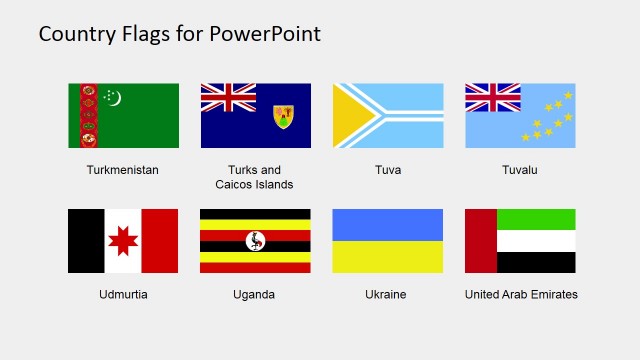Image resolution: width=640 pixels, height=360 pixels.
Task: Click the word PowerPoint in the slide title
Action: click(x=266, y=33)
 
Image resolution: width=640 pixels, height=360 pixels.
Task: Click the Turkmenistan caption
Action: click(x=123, y=170)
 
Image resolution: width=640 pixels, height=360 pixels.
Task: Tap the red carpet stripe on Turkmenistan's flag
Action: click(x=88, y=115)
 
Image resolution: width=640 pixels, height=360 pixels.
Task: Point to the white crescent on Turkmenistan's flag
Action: click(x=113, y=97)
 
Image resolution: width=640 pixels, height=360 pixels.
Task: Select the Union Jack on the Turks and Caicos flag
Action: click(x=228, y=98)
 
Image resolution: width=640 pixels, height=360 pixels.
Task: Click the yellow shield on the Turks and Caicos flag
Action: click(x=283, y=117)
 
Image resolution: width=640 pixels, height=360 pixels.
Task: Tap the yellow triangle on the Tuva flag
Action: click(x=349, y=115)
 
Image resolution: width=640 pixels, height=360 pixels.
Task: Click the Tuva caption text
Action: click(x=387, y=170)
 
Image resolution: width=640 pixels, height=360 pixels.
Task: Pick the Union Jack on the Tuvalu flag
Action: click(x=492, y=98)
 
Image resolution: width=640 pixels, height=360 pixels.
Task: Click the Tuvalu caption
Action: click(x=520, y=170)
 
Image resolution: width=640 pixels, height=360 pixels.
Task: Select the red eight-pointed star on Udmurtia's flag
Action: click(x=123, y=241)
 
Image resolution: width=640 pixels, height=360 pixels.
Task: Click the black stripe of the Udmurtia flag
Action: click(x=85, y=241)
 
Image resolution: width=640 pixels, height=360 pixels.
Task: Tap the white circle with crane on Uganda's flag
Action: click(x=255, y=241)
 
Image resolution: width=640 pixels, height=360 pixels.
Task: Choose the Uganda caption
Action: click(x=254, y=295)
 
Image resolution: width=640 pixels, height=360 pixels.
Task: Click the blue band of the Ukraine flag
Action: click(x=387, y=224)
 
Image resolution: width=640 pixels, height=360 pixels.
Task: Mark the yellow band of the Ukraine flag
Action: click(x=387, y=257)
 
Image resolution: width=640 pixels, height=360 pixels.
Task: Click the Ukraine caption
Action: click(x=387, y=295)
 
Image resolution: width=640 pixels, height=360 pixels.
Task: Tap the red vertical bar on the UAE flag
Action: click(x=481, y=241)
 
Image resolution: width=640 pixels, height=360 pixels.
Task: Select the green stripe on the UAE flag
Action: click(x=537, y=219)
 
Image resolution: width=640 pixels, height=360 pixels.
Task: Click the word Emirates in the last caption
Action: click(x=554, y=295)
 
